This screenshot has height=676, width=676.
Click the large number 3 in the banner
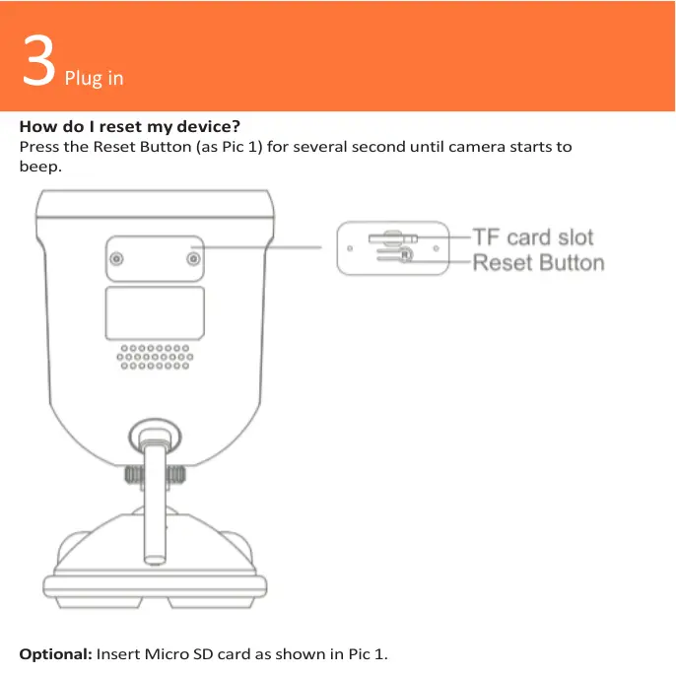pyautogui.click(x=38, y=59)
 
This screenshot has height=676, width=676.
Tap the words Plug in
pyautogui.click(x=94, y=79)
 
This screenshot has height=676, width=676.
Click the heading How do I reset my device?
pyautogui.click(x=130, y=126)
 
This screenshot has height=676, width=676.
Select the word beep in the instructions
pyautogui.click(x=40, y=167)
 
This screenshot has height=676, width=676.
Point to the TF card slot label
pyautogui.click(x=533, y=237)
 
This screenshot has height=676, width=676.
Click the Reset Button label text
pyautogui.click(x=538, y=262)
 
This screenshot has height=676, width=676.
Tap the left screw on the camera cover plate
pyautogui.click(x=117, y=258)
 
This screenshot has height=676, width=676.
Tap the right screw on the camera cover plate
pyautogui.click(x=193, y=258)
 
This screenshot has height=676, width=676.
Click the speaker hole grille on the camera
pyautogui.click(x=155, y=357)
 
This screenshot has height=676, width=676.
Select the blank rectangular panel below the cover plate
pyautogui.click(x=155, y=313)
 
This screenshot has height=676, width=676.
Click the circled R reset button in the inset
pyautogui.click(x=406, y=255)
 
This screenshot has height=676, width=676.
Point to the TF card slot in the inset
pyautogui.click(x=393, y=238)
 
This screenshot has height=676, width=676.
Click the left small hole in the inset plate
pyautogui.click(x=350, y=248)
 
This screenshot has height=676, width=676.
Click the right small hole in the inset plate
pyautogui.click(x=436, y=248)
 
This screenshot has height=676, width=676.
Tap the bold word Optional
pyautogui.click(x=55, y=654)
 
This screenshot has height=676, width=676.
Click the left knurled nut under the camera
pyautogui.click(x=134, y=475)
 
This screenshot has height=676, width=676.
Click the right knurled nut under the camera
pyautogui.click(x=175, y=475)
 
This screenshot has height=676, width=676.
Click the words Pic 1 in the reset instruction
pyautogui.click(x=239, y=147)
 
